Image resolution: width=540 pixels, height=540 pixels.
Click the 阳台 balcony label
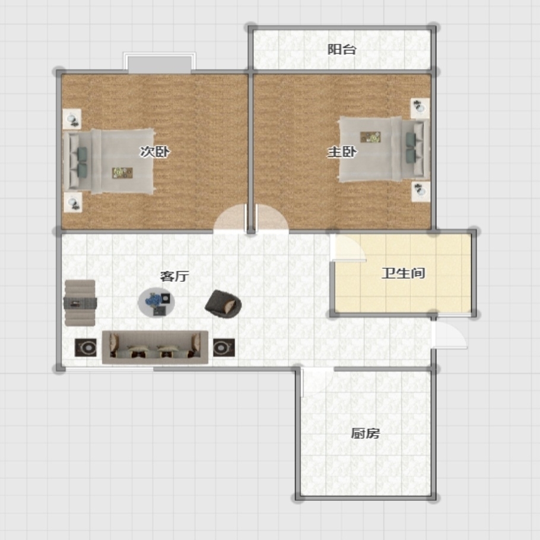point(341,49)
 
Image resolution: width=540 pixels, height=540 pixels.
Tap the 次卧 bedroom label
point(155,151)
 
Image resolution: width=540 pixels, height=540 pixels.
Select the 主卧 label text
point(342,151)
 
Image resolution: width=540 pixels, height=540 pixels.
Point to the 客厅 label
point(174,276)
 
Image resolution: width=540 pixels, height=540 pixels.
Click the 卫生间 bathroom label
point(404,273)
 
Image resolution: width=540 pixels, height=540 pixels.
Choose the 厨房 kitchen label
point(365,433)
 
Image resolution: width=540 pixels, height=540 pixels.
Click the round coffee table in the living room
point(156,303)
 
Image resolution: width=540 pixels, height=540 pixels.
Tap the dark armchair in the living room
point(223,304)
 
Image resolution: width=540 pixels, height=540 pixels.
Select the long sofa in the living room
point(155,347)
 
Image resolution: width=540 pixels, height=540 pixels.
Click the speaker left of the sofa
point(86,348)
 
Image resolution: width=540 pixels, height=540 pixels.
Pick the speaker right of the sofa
point(224,348)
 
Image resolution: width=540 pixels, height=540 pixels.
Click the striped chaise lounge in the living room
point(80,303)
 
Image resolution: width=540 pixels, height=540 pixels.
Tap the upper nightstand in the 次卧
point(72,119)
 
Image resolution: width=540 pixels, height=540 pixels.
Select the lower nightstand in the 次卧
point(72,202)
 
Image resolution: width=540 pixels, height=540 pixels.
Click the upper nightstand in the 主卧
point(420,108)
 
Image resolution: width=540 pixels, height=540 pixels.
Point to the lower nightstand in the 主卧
point(421,192)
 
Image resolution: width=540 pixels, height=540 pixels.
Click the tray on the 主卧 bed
point(370,137)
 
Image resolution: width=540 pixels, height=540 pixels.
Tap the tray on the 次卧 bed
point(122,173)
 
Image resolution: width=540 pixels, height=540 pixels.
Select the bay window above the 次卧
point(160,63)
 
